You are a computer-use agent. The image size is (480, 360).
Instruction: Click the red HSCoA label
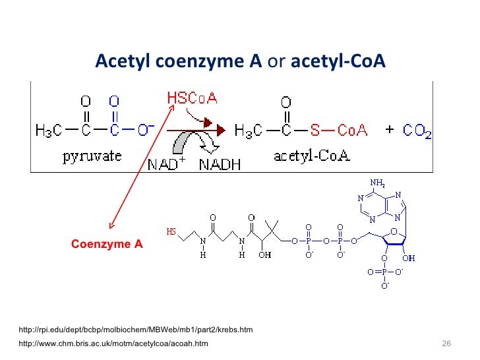192,98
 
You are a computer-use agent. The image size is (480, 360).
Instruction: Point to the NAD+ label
168,164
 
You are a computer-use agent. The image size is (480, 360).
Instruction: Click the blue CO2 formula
417,131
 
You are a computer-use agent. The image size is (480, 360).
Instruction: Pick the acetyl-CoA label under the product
312,157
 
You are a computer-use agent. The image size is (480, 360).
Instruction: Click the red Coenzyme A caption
107,244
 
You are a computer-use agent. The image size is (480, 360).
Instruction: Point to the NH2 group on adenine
376,183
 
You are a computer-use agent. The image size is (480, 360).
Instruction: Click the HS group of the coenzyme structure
171,232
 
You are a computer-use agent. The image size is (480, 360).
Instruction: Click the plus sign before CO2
389,129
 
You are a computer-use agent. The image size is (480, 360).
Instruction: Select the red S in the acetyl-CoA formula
315,131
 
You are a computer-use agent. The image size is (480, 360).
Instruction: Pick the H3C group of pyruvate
48,131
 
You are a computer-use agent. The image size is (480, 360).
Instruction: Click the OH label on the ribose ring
409,258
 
